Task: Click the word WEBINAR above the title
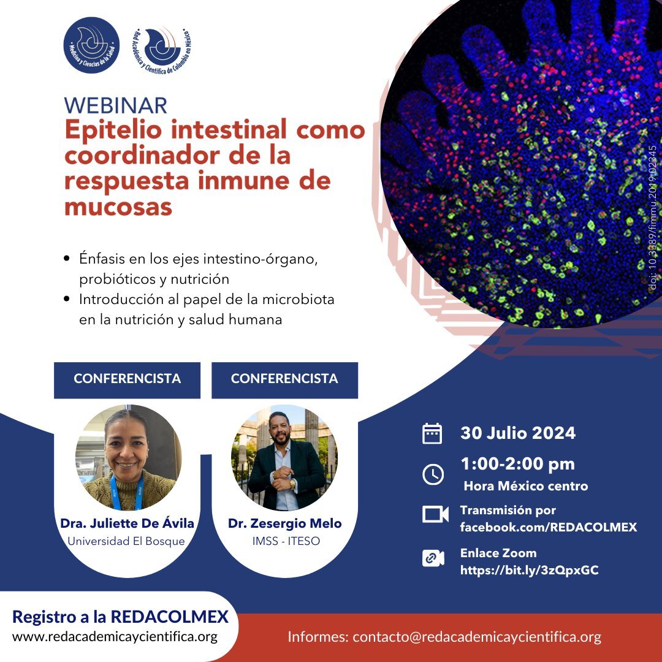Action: [x=116, y=105]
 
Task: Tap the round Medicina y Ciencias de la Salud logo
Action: [x=91, y=45]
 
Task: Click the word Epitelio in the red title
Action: [x=113, y=130]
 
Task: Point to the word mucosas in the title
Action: [x=118, y=207]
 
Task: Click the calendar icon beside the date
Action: [x=432, y=433]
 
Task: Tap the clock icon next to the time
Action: [x=433, y=474]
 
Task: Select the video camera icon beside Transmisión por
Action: [x=435, y=514]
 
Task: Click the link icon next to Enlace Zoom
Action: [x=433, y=558]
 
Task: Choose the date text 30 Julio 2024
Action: [x=518, y=433]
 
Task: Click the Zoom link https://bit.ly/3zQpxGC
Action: [x=530, y=571]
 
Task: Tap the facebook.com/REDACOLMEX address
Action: [x=549, y=527]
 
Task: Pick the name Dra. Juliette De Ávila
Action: [x=127, y=523]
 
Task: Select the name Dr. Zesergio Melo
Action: [x=284, y=523]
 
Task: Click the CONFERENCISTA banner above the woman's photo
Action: [x=127, y=380]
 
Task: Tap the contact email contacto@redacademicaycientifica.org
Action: [x=477, y=637]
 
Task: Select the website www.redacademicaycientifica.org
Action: [x=115, y=637]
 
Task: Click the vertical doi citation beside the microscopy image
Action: [x=653, y=218]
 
